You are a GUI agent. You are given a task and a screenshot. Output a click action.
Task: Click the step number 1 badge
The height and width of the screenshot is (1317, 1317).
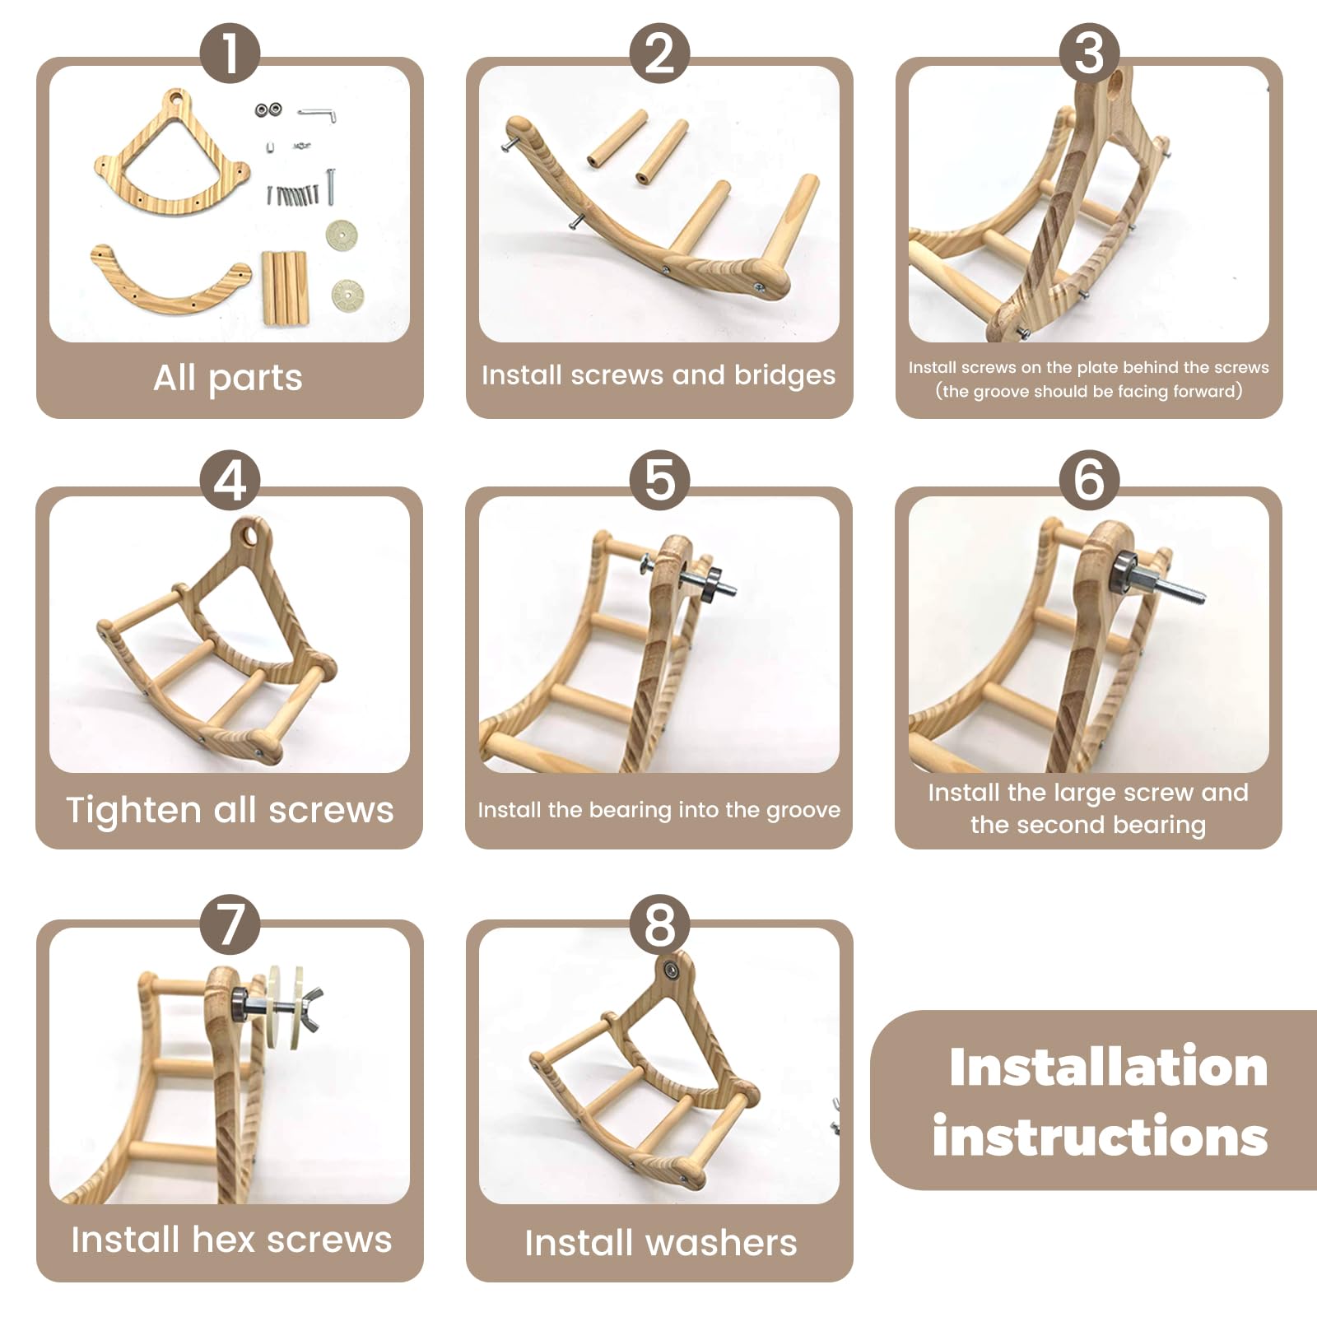pos(230,53)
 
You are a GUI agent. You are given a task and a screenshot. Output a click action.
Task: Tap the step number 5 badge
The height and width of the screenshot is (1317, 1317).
pos(659,480)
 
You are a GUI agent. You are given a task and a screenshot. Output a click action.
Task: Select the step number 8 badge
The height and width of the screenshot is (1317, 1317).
pos(659,924)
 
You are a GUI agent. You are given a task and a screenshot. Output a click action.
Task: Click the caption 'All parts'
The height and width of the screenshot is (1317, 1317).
pos(228,378)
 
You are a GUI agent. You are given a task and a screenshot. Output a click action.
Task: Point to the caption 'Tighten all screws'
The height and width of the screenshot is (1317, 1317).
pos(230,810)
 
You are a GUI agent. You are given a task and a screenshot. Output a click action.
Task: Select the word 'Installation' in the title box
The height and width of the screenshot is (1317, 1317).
pos(1108,1068)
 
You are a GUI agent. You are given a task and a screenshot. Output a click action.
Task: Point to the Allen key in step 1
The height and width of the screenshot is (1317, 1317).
pos(317,114)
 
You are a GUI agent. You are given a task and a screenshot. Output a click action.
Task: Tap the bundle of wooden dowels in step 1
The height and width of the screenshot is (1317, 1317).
pos(285,287)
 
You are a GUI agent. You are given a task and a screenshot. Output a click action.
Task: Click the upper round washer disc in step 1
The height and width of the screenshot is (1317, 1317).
pos(342,235)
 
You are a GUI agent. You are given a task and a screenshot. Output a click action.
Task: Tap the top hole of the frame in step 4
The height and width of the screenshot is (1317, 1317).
pos(249,537)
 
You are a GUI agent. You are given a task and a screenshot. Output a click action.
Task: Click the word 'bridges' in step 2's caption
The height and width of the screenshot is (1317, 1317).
pos(784,375)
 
